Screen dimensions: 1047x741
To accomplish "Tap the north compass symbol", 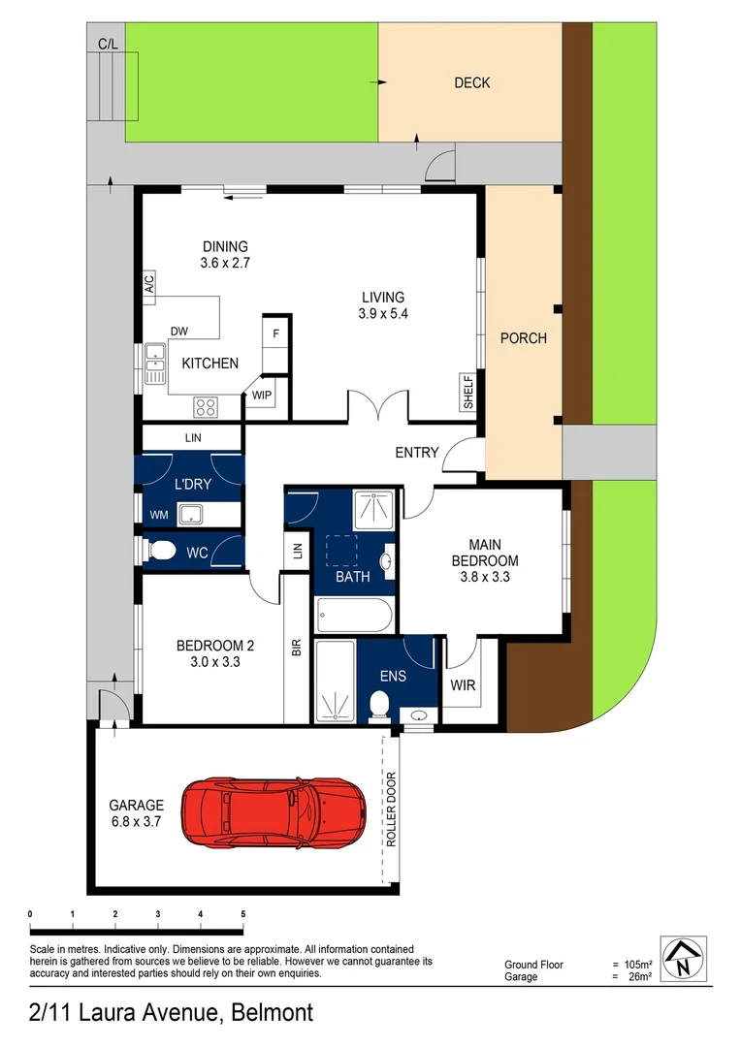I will (x=683, y=959).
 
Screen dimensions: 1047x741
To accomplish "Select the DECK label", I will (x=472, y=83).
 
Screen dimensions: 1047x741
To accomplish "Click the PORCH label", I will (x=523, y=338).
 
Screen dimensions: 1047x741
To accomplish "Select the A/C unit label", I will (x=149, y=286).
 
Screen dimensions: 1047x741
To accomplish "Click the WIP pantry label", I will (x=262, y=396).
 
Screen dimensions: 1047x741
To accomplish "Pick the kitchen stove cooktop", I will (x=206, y=407).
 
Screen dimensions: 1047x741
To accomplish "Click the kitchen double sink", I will (x=155, y=365).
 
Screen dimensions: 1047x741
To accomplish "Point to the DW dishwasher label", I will (x=179, y=332).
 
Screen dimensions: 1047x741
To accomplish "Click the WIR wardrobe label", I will (x=464, y=685).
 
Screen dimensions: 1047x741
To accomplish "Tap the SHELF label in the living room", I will (x=467, y=394).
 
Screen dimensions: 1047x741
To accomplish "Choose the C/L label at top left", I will (x=107, y=44).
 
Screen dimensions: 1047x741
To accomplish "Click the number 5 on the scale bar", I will (x=242, y=914).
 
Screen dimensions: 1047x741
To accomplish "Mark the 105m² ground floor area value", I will (x=637, y=965).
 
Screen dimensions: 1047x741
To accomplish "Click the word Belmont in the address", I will (x=271, y=1014).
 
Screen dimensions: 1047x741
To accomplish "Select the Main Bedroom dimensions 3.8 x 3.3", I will (x=484, y=576).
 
